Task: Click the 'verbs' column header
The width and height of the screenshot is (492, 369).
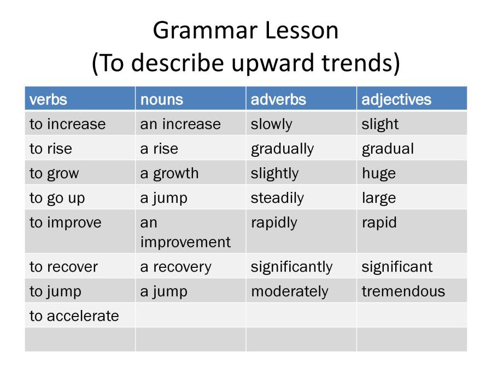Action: [48, 99]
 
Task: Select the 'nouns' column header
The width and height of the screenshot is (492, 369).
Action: [161, 99]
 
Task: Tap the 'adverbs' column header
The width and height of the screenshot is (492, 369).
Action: [278, 99]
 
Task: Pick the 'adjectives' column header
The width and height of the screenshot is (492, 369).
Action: [396, 99]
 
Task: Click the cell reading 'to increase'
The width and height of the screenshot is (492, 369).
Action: [67, 124]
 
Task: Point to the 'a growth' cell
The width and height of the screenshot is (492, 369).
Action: [169, 173]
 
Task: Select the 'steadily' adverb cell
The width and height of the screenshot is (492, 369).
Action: [277, 198]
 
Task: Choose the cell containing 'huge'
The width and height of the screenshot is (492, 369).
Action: [378, 173]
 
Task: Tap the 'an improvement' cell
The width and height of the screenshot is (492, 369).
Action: [185, 232]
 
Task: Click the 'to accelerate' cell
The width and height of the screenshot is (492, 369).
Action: [74, 316]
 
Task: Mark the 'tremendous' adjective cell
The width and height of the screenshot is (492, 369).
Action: [403, 291]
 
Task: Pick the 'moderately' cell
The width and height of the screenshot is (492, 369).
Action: [289, 291]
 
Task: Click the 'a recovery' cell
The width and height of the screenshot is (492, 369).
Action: [175, 267]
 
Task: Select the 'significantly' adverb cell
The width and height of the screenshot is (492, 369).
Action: [291, 267]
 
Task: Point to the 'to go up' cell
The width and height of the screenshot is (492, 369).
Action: [57, 198]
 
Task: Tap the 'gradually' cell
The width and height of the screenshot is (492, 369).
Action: [282, 149]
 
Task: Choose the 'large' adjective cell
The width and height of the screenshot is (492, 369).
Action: [378, 198]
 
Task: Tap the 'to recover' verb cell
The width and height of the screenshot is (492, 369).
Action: [63, 267]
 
